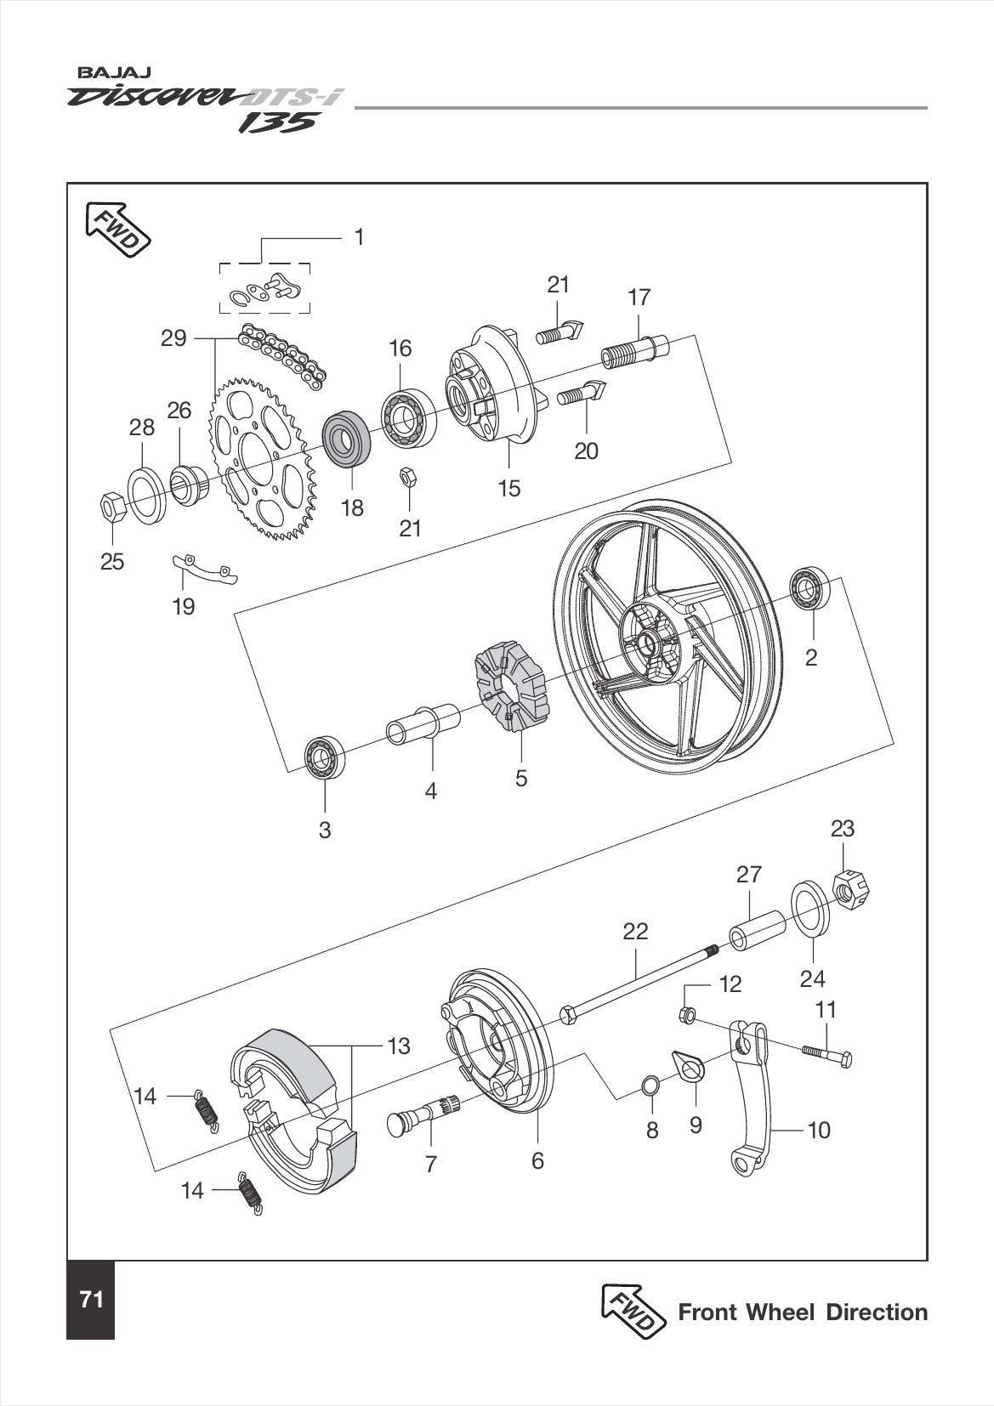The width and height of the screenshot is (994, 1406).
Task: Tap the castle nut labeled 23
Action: (851, 888)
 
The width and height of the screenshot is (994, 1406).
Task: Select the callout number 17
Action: (639, 298)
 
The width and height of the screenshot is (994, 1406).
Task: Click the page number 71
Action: (91, 1300)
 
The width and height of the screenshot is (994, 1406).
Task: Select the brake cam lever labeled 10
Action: (753, 1105)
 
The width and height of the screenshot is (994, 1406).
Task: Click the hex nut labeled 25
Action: (112, 507)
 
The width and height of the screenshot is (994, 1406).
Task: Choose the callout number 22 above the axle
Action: (635, 932)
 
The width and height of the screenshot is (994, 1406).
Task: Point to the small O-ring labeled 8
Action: (651, 1085)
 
